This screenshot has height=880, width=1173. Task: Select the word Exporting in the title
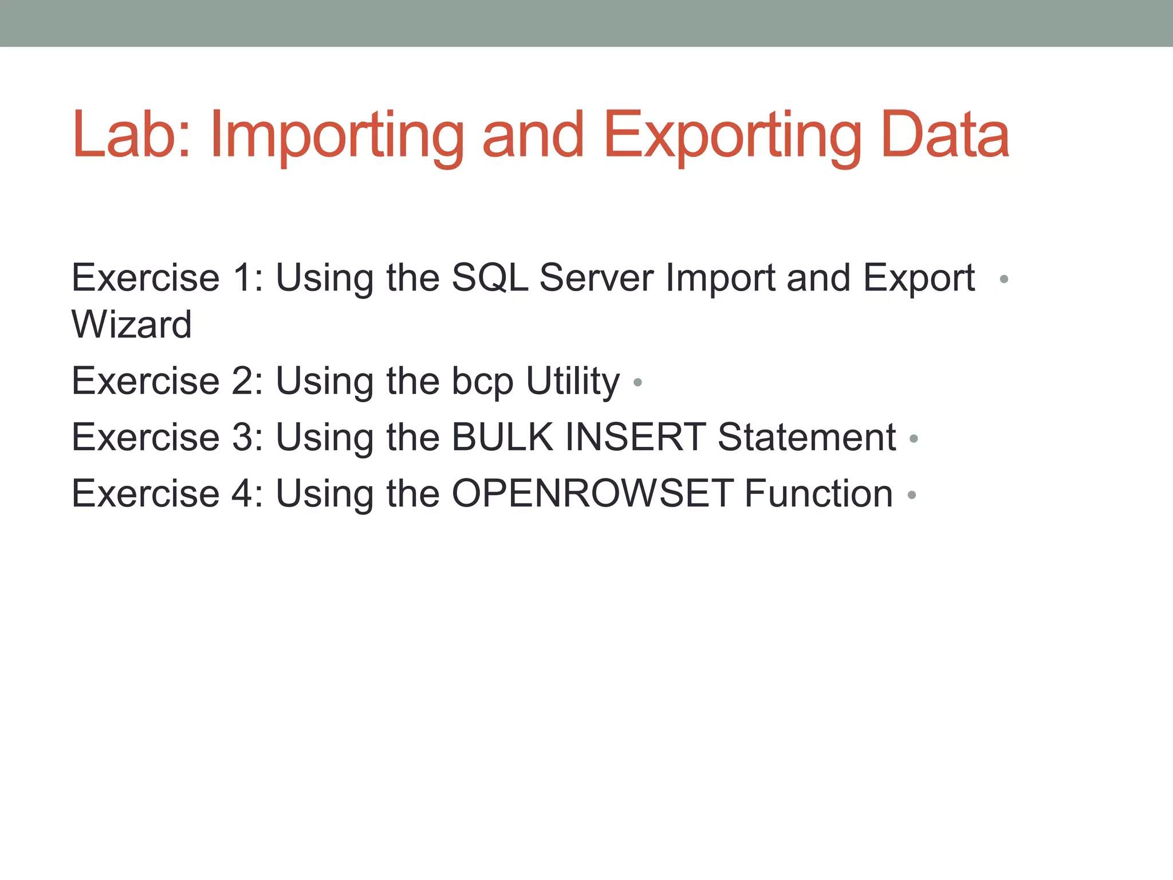(732, 136)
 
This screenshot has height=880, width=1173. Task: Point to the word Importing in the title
(337, 136)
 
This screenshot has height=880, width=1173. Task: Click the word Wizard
(131, 324)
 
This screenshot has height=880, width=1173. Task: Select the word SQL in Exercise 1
(490, 278)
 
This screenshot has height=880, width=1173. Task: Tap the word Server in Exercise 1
(596, 278)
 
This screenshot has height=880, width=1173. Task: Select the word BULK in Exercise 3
(503, 438)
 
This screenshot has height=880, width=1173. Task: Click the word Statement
(806, 438)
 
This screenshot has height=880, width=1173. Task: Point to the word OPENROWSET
(592, 494)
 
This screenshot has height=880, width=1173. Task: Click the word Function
(818, 494)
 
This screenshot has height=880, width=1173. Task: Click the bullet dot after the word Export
(1003, 280)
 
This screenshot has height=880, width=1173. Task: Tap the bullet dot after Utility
(637, 382)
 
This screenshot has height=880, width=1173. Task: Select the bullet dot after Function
(912, 495)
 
